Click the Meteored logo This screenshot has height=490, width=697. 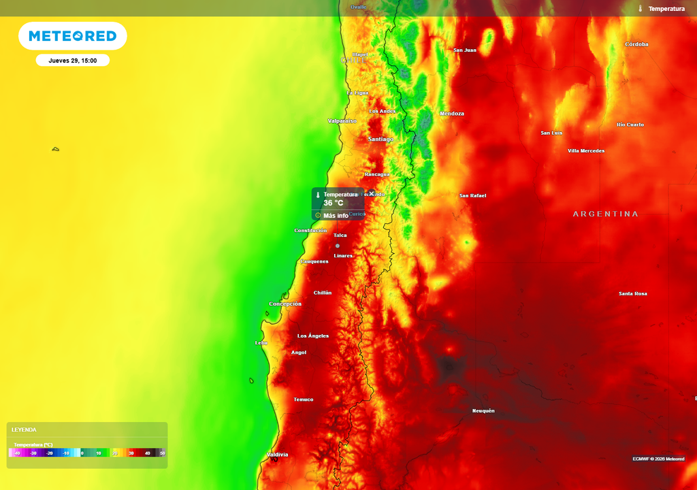(x=72, y=36)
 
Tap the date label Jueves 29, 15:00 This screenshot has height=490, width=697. (x=72, y=61)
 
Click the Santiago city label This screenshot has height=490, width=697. (x=380, y=140)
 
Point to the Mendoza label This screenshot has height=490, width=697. (x=452, y=114)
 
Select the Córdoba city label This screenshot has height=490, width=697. (x=636, y=45)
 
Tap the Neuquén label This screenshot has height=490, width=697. (x=483, y=411)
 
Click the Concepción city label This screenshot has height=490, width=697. (x=285, y=304)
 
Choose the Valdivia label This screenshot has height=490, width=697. (x=277, y=455)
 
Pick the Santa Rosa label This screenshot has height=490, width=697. (x=632, y=294)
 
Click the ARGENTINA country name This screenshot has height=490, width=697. (x=605, y=214)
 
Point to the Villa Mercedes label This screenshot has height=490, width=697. (x=585, y=151)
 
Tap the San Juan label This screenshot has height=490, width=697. (x=465, y=50)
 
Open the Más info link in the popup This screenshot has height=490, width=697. (x=336, y=216)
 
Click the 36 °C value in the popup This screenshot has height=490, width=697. (x=334, y=203)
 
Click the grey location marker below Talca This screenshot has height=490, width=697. (x=338, y=246)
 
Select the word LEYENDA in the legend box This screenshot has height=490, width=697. (x=24, y=430)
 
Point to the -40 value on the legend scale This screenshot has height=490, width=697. (x=17, y=453)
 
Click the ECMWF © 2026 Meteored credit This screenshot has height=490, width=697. (x=658, y=459)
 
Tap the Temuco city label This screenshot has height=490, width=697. (x=303, y=399)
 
